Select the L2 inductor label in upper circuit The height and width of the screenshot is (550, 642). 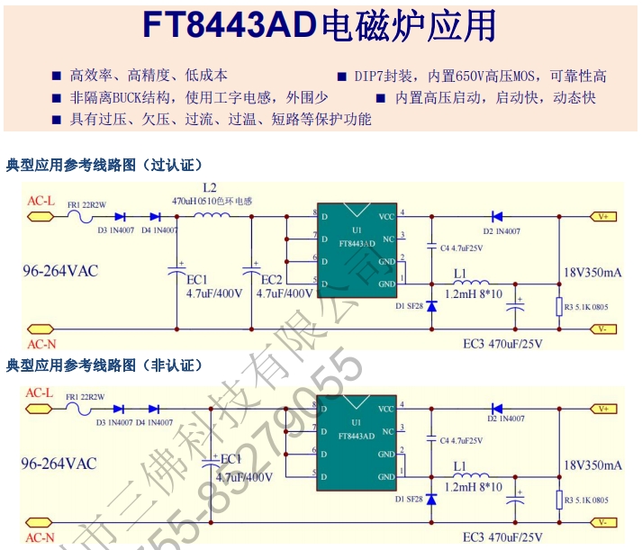tap(210, 188)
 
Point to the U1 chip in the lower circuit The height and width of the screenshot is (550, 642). tap(357, 442)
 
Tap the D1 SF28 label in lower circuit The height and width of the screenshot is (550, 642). tap(409, 499)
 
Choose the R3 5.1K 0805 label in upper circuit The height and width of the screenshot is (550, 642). tap(586, 307)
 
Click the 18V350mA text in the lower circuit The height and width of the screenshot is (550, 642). tap(592, 465)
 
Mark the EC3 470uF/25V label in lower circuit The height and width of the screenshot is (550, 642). tap(503, 537)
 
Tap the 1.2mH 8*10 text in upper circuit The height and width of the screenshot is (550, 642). tap(474, 294)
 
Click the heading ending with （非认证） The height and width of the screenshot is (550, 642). tap(104, 365)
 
